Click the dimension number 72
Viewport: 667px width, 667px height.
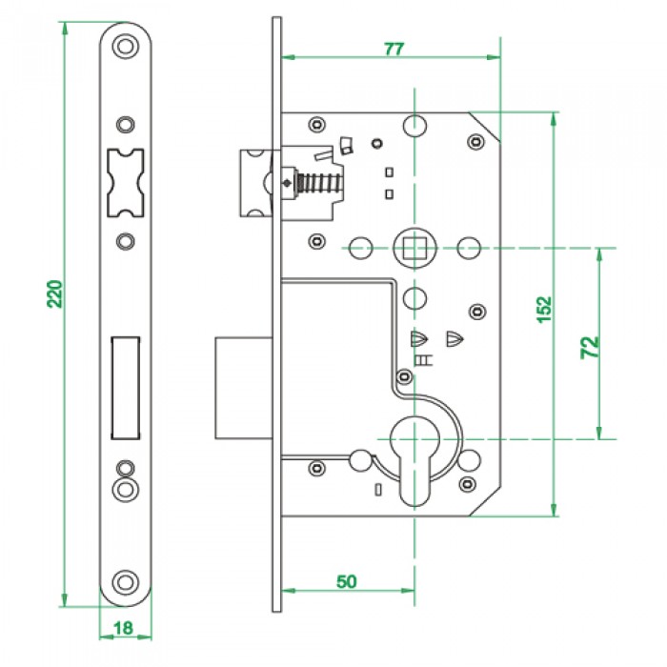coord(588,345)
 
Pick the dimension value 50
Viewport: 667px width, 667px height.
coord(347,581)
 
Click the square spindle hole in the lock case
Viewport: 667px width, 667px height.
coord(414,248)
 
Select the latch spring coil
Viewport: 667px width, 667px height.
coord(314,181)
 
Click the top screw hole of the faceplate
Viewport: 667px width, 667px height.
coord(124,46)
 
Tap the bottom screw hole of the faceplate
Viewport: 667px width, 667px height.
coord(124,580)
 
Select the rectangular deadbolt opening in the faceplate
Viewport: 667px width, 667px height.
coord(125,386)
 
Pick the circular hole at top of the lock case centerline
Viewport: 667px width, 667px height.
coord(414,126)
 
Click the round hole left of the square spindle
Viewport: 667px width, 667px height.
coord(360,248)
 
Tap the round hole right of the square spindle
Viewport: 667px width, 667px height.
coord(467,248)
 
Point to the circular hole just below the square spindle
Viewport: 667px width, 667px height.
coord(414,298)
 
